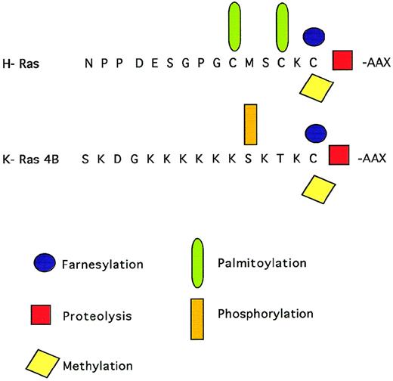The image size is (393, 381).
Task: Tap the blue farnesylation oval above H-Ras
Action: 314,36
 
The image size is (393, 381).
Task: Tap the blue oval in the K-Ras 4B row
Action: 314,133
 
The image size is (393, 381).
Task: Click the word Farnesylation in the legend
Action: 101,265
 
